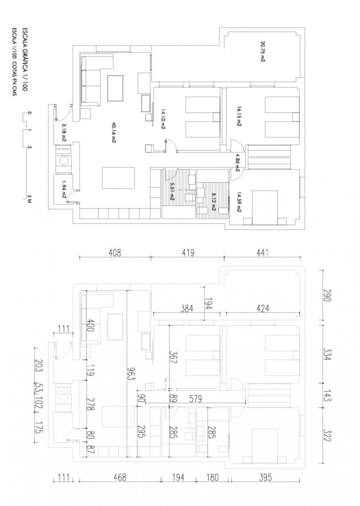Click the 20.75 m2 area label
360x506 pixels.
[x=262, y=52]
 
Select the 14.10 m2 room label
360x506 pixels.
[x=163, y=119]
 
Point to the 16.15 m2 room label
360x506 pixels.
[x=239, y=116]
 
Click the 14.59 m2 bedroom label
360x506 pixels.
[x=239, y=202]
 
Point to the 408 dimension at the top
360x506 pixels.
[x=115, y=253]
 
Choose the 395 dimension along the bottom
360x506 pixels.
[x=265, y=478]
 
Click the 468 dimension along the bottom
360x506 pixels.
[x=119, y=478]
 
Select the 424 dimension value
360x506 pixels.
[x=263, y=309]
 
